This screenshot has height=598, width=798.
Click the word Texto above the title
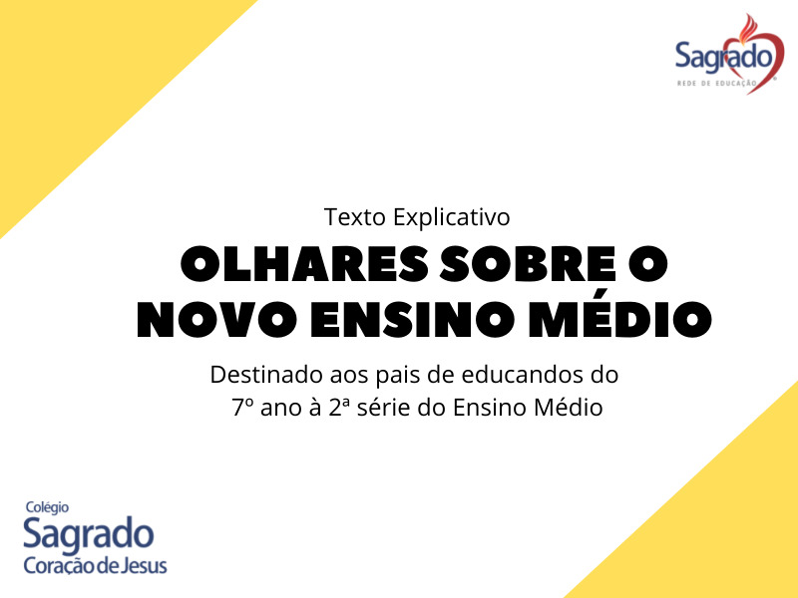click(x=355, y=217)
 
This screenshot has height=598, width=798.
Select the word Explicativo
click(x=451, y=218)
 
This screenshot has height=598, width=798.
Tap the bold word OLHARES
click(x=304, y=264)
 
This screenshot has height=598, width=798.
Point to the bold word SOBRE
click(x=528, y=264)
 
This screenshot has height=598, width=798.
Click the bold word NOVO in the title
click(x=217, y=319)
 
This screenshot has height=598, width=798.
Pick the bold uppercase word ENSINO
click(x=413, y=319)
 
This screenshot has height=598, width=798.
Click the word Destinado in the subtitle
click(x=266, y=375)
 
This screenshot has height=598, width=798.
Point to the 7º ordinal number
click(x=242, y=408)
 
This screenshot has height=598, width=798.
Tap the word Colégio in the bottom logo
click(x=47, y=507)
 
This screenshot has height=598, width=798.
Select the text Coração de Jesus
click(x=95, y=565)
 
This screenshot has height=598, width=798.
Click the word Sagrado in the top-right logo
click(x=724, y=56)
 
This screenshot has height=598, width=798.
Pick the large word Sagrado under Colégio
click(x=89, y=535)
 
